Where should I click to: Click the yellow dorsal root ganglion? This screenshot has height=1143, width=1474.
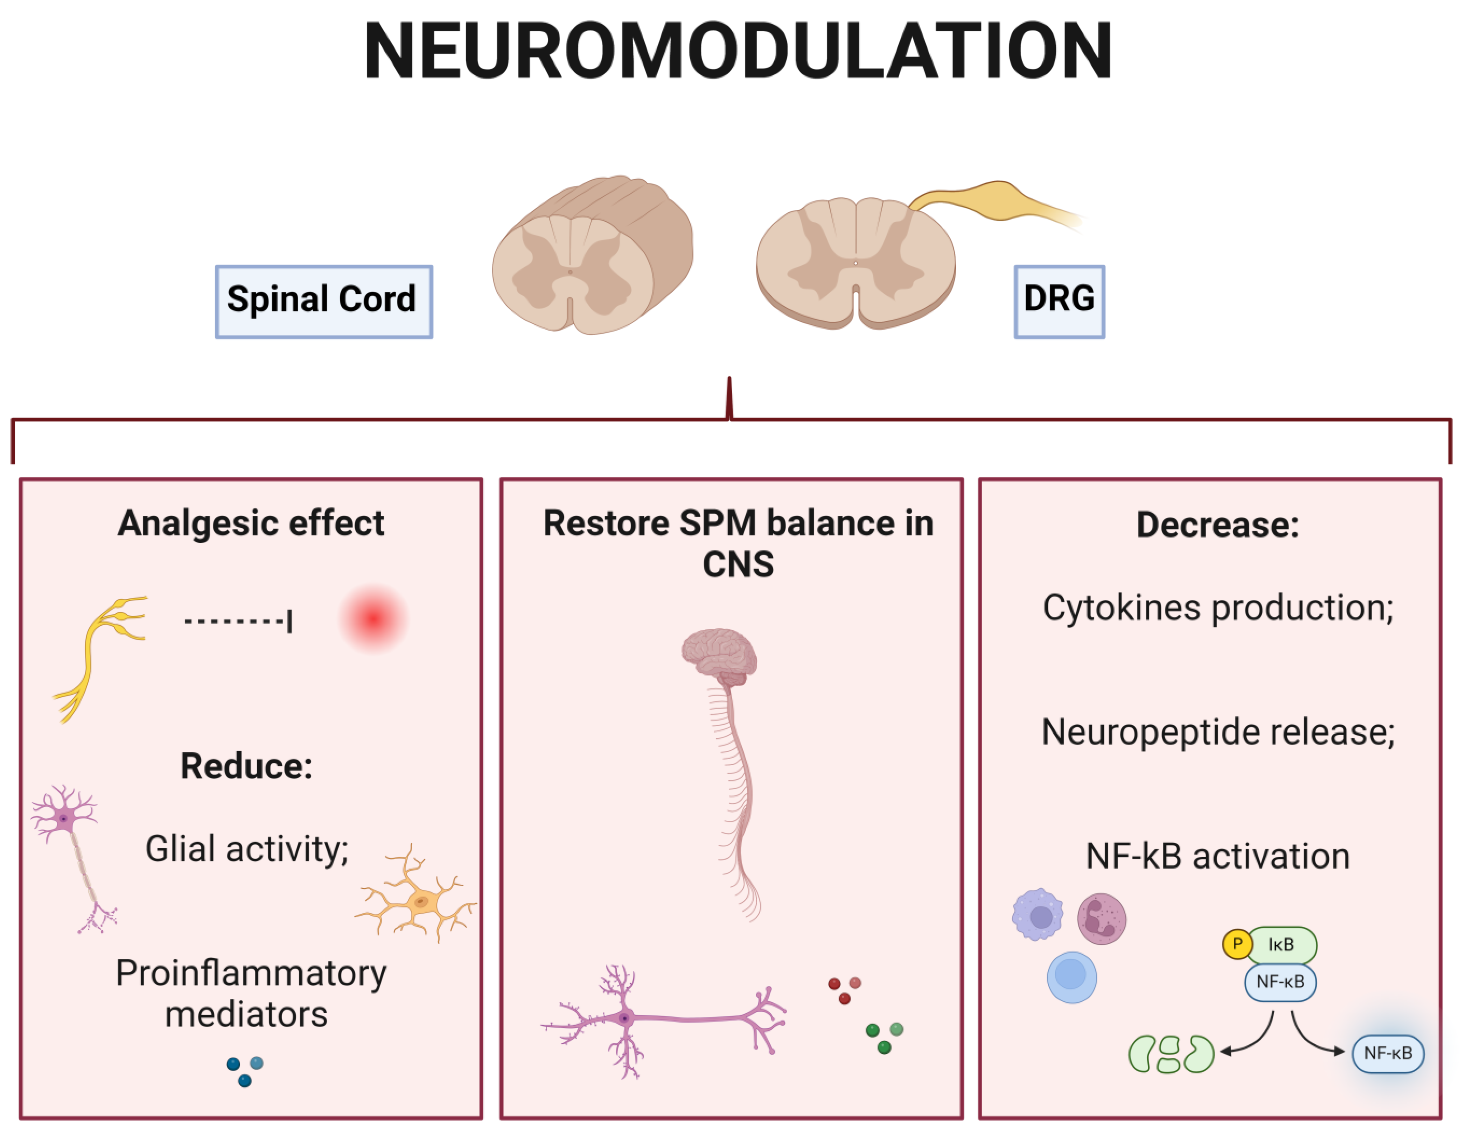[x=992, y=201]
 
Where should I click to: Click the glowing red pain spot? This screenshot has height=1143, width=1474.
[x=373, y=618]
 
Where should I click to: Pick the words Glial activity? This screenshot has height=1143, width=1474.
[x=247, y=849]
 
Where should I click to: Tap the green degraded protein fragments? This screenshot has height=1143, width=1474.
[x=1171, y=1054]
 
